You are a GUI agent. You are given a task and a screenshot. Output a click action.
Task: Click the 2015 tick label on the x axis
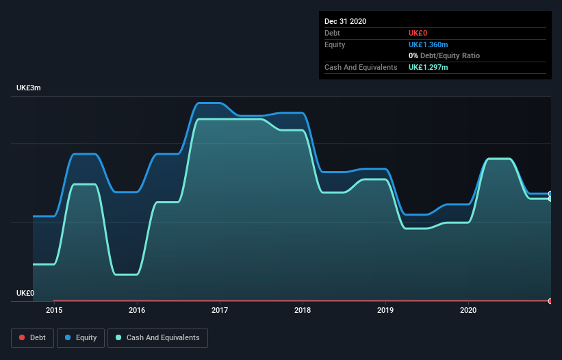[54, 310]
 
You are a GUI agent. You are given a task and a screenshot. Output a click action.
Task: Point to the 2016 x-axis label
[137, 310]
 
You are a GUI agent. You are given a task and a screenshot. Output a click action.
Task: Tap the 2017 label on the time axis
[220, 310]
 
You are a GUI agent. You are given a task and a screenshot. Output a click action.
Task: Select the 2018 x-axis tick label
[303, 310]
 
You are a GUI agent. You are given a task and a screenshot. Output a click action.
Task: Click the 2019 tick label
[385, 310]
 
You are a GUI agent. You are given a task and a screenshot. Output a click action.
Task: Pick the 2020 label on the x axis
[468, 310]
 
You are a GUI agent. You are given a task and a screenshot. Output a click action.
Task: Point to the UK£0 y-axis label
[25, 293]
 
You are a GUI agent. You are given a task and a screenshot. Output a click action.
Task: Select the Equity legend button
[81, 337]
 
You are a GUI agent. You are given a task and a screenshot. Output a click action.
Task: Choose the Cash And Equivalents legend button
[157, 337]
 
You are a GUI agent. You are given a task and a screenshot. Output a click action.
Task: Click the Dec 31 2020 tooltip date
[345, 21]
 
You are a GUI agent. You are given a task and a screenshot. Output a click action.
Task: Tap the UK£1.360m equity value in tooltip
[429, 44]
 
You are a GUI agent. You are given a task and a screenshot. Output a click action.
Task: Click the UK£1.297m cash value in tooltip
[428, 67]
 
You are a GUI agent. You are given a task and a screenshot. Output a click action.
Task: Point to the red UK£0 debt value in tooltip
[418, 33]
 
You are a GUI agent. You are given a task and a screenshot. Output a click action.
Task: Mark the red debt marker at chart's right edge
[550, 301]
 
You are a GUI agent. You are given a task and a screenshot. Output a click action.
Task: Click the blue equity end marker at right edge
[550, 194]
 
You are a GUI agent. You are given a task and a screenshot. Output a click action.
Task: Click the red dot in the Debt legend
[23, 337]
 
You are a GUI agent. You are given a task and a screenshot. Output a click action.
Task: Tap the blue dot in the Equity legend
[68, 337]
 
